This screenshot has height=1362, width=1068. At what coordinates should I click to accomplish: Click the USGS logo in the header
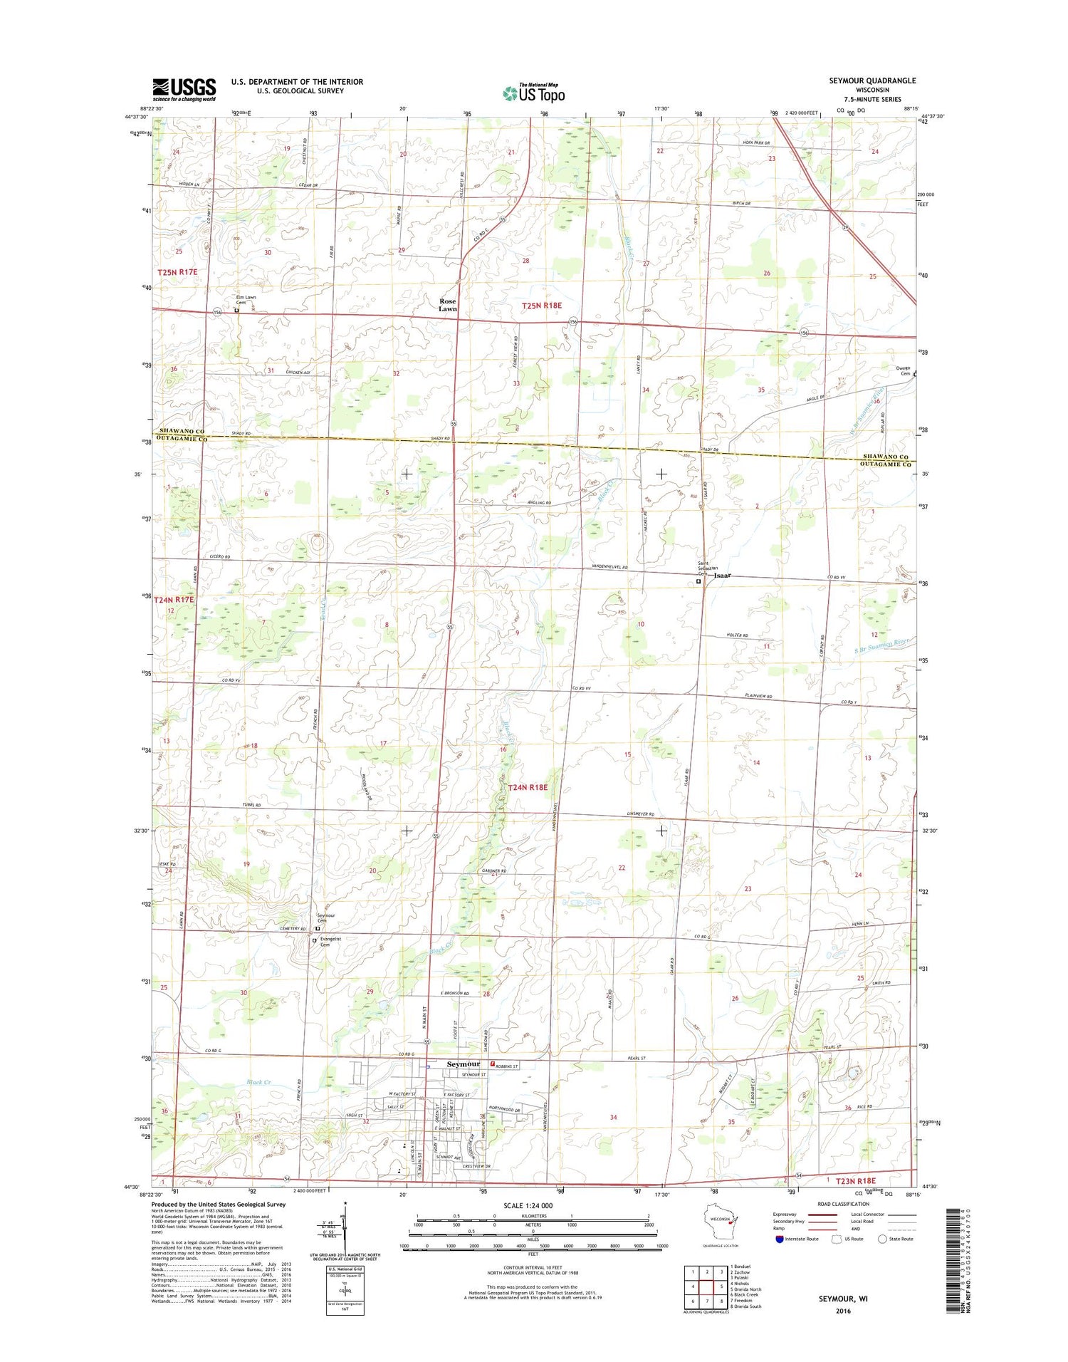coord(184,89)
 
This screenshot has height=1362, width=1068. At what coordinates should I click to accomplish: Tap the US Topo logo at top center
coord(533,93)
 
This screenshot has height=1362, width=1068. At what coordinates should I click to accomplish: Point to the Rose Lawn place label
coord(448,305)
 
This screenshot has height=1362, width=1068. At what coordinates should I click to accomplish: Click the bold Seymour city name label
coord(463,1064)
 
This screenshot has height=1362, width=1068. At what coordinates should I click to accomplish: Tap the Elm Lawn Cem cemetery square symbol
coord(236,310)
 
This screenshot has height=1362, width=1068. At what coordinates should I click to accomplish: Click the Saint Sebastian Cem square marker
coord(698,581)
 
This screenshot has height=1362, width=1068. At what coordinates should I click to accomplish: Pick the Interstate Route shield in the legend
coord(778,1239)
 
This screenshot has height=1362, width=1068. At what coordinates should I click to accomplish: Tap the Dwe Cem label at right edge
coord(904,370)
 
